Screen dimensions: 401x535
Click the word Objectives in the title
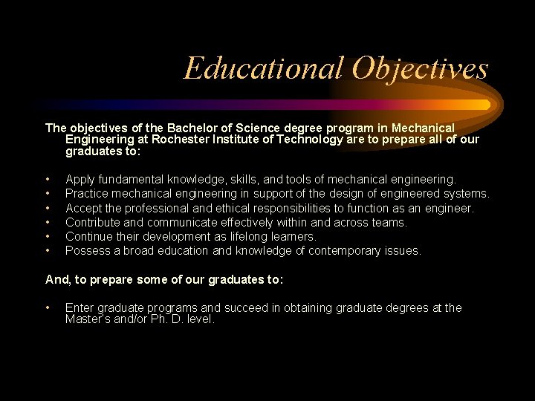coord(420,68)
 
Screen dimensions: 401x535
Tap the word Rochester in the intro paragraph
coord(185,140)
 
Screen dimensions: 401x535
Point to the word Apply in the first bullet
coord(80,179)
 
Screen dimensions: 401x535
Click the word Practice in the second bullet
coord(88,193)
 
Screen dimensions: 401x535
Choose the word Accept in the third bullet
coord(84,208)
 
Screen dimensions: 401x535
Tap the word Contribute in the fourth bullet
coord(94,222)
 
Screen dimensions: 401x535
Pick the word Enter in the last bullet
coord(80,307)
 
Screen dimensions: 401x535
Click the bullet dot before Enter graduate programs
coord(48,307)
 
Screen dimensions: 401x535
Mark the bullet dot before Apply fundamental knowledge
coord(48,179)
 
